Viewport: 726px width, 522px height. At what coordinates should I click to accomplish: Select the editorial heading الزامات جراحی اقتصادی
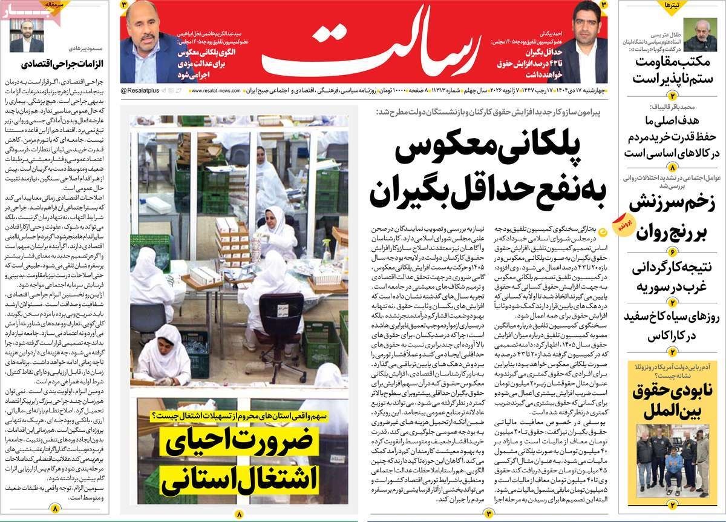pos(62,64)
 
